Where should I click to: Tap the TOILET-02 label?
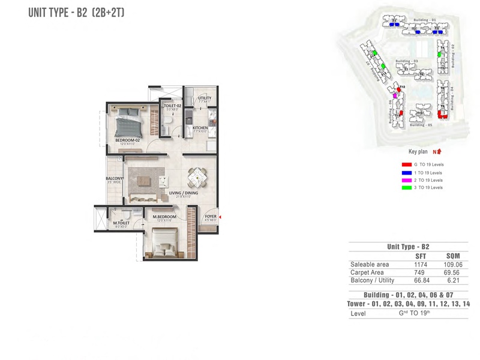[x=172, y=106]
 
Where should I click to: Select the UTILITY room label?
[x=205, y=98]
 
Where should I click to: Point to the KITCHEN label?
[x=200, y=127]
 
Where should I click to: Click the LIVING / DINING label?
[x=183, y=193]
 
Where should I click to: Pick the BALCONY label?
[x=115, y=178]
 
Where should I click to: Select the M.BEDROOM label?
[x=164, y=217]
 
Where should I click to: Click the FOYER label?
[x=210, y=217]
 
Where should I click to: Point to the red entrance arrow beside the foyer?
[x=220, y=217]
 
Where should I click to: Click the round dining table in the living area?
[x=197, y=178]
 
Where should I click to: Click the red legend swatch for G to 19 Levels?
[x=406, y=164]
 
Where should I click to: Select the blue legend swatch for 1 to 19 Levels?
[x=406, y=172]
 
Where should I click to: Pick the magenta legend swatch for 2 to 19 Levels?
[x=406, y=180]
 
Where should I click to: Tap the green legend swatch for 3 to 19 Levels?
[x=406, y=188]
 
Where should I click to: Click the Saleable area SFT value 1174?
[x=421, y=264]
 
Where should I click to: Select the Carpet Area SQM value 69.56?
[x=453, y=272]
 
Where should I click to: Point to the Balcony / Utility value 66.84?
[x=421, y=280]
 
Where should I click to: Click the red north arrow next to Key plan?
[x=439, y=152]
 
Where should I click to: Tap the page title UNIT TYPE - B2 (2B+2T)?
[x=76, y=12]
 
